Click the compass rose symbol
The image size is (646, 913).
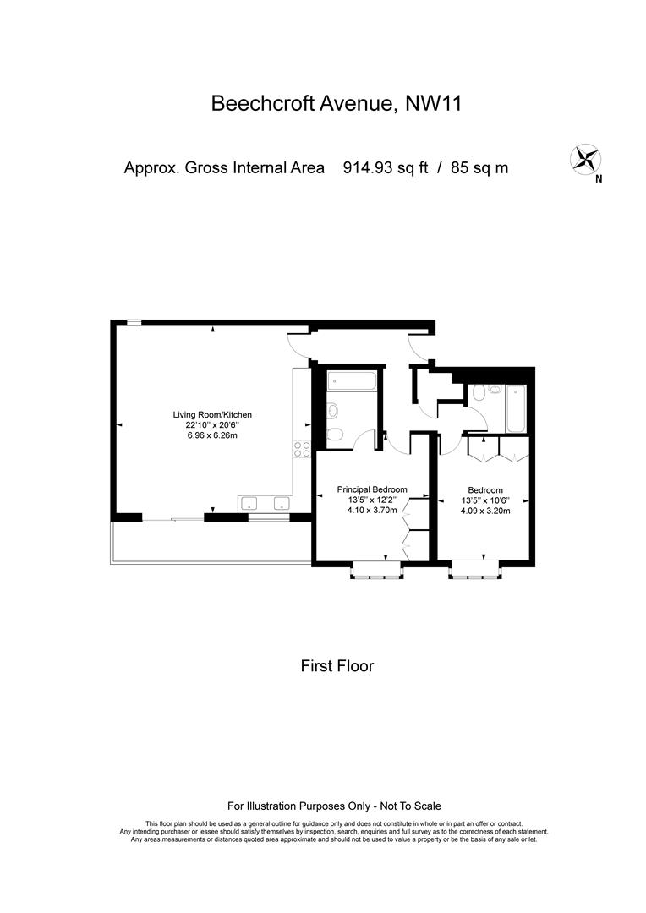click(585, 159)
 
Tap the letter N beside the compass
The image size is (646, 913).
click(599, 180)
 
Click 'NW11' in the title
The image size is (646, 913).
click(434, 104)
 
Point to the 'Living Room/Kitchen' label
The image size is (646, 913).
click(212, 415)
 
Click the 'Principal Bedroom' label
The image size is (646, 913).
click(372, 489)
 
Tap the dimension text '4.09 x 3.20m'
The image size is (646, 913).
click(485, 511)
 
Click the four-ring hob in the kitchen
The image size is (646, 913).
click(302, 449)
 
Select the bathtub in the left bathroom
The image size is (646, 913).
click(352, 381)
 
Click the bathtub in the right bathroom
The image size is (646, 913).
click(516, 408)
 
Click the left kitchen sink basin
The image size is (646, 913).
click(250, 504)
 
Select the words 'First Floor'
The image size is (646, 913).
click(337, 666)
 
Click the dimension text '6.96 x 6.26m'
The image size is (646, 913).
click(212, 435)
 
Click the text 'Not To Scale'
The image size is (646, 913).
click(411, 806)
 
